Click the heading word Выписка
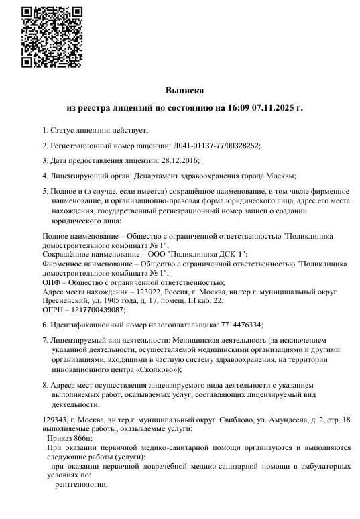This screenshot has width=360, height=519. click(x=184, y=90)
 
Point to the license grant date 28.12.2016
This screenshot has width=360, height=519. click(x=180, y=160)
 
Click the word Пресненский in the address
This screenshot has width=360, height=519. click(x=68, y=301)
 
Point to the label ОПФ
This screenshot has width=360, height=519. click(x=52, y=282)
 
